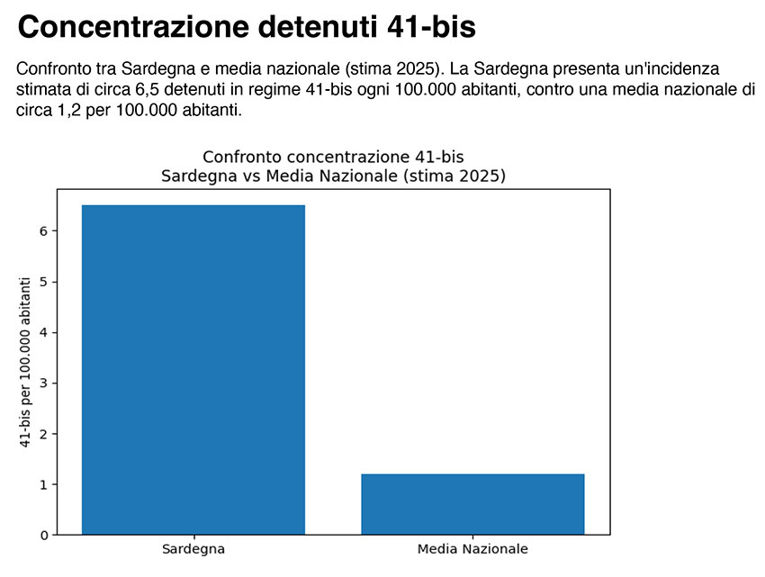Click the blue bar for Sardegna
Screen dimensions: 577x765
coord(193,369)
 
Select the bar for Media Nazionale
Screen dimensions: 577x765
coord(472,504)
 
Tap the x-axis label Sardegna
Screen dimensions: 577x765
coord(193,548)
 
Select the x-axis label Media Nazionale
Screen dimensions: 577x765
coord(472,548)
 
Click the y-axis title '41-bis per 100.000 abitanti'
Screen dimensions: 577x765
coord(25,362)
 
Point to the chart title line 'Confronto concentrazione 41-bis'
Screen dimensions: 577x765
coord(333,158)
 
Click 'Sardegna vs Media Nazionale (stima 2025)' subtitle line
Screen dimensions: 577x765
coord(333,176)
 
